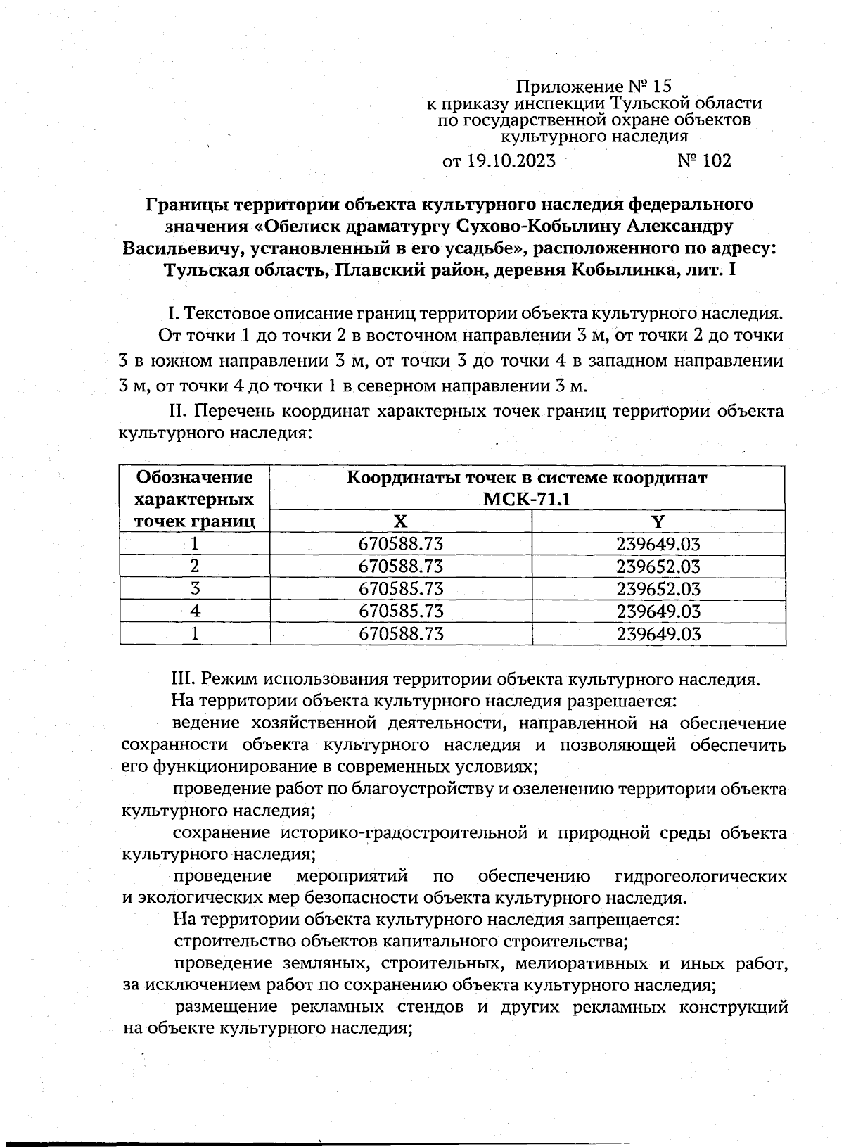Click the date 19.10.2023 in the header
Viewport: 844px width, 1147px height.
pyautogui.click(x=510, y=161)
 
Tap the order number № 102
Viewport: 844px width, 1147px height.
pyautogui.click(x=704, y=161)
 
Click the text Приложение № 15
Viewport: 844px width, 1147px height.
pyautogui.click(x=595, y=87)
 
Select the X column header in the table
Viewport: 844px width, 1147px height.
pyautogui.click(x=400, y=521)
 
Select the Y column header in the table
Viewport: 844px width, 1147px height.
pyautogui.click(x=658, y=521)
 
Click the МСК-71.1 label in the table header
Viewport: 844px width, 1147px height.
pyautogui.click(x=527, y=499)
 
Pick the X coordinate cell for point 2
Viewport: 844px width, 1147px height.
pyautogui.click(x=401, y=566)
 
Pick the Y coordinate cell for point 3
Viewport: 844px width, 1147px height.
pyautogui.click(x=658, y=589)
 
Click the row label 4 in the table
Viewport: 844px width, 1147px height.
pyautogui.click(x=195, y=611)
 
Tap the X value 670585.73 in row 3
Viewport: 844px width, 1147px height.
pyautogui.click(x=401, y=589)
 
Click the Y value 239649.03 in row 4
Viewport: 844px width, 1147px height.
pyautogui.click(x=658, y=611)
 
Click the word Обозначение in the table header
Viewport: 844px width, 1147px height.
pyautogui.click(x=195, y=478)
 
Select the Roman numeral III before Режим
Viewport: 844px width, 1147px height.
pyautogui.click(x=184, y=679)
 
